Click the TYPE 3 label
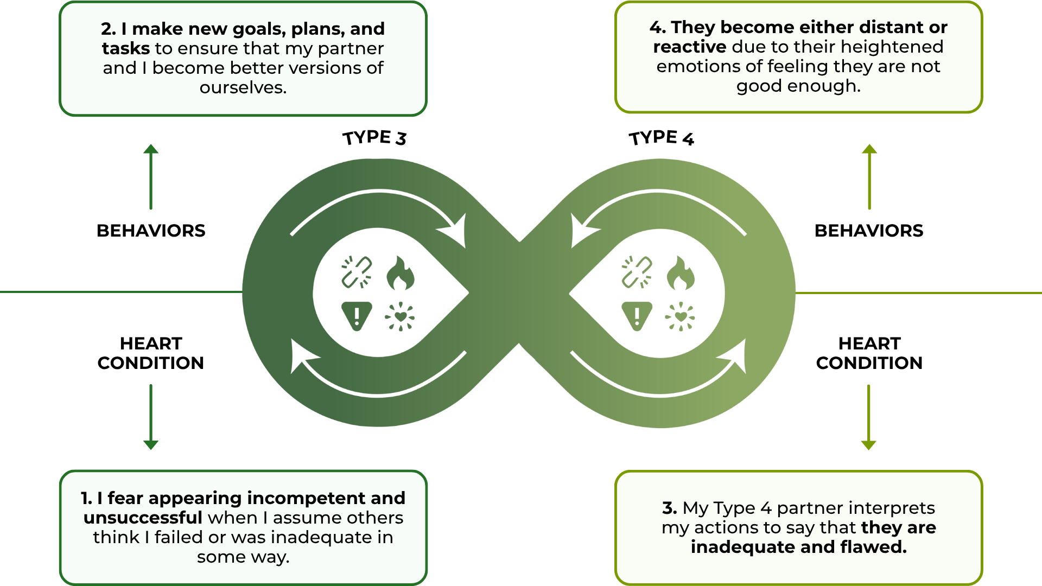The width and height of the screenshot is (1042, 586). pyautogui.click(x=374, y=138)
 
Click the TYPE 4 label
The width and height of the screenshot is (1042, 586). pyautogui.click(x=661, y=138)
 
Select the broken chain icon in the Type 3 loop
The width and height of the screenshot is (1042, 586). pyautogui.click(x=357, y=272)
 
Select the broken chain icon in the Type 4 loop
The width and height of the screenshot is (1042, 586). pyautogui.click(x=637, y=272)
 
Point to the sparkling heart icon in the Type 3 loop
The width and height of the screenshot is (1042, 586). pyautogui.click(x=400, y=316)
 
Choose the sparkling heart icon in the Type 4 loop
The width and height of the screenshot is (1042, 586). pyautogui.click(x=680, y=316)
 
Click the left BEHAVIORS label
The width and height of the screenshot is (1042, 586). pyautogui.click(x=151, y=231)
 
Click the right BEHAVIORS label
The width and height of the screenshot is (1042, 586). pyautogui.click(x=869, y=231)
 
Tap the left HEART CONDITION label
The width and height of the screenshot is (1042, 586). pyautogui.click(x=151, y=353)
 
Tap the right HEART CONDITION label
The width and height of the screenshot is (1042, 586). pyautogui.click(x=869, y=353)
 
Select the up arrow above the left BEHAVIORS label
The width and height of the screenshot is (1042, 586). pyautogui.click(x=151, y=176)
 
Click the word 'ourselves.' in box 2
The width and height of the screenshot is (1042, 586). pyautogui.click(x=243, y=87)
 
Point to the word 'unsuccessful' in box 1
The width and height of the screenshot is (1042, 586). pyautogui.click(x=143, y=518)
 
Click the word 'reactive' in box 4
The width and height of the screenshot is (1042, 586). pyautogui.click(x=689, y=47)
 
